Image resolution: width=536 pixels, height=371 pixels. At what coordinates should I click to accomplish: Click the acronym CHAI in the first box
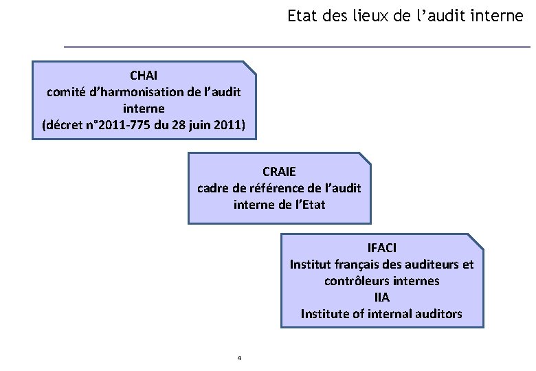click(144, 74)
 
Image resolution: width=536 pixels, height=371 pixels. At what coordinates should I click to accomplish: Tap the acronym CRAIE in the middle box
click(279, 170)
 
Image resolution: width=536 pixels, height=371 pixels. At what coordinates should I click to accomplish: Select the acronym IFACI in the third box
click(382, 247)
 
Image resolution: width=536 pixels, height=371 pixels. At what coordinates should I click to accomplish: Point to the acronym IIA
click(382, 297)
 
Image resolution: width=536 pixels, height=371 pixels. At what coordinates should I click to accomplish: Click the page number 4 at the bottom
click(238, 358)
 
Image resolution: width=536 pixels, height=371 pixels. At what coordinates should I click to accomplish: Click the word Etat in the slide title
click(300, 16)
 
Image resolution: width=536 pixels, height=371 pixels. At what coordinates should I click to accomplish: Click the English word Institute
click(326, 314)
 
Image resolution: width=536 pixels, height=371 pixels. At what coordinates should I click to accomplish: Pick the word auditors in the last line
click(438, 314)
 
